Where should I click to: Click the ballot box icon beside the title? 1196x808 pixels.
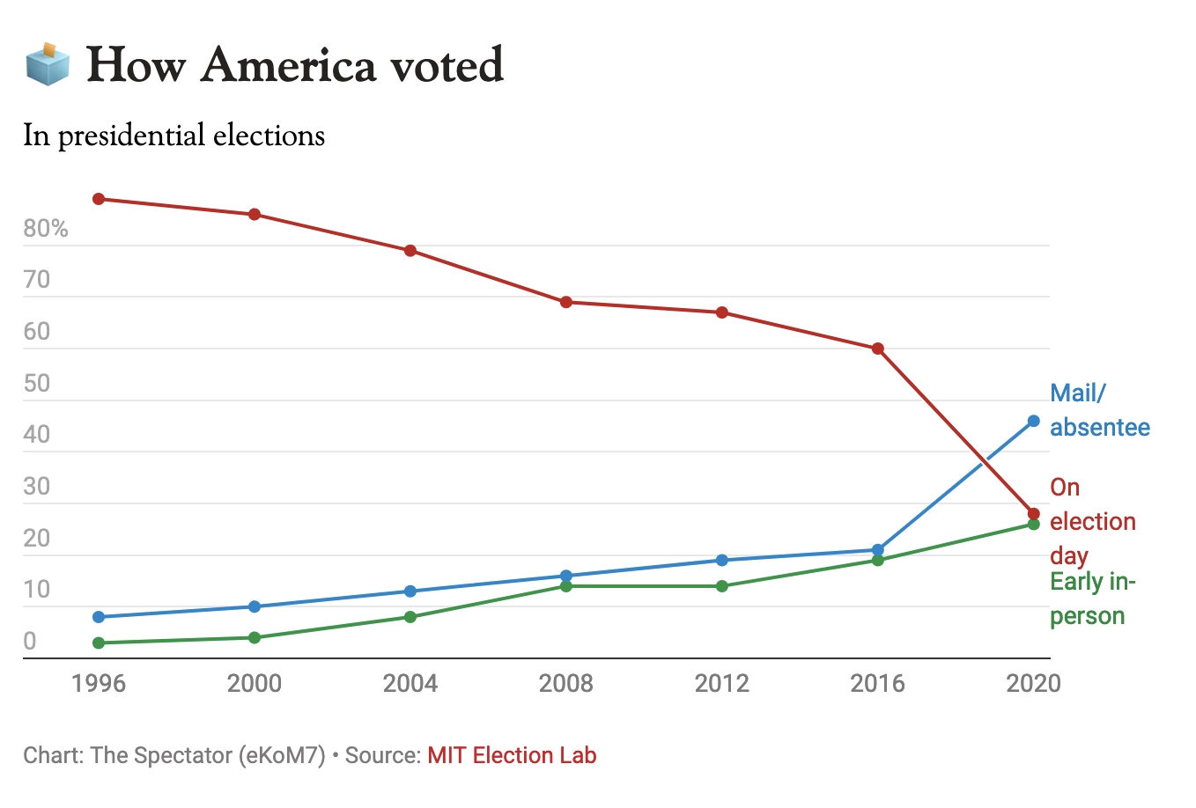48,64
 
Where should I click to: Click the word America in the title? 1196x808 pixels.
288,65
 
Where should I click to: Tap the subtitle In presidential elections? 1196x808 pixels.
173,136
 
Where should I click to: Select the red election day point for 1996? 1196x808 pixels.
99,199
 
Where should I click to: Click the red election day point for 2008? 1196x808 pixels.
566,302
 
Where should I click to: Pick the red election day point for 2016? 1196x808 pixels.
878,349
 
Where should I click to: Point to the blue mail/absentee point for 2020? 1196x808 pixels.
1034,421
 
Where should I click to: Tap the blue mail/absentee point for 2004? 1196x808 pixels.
410,591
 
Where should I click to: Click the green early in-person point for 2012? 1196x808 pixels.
722,586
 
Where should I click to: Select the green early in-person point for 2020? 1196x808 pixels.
1034,525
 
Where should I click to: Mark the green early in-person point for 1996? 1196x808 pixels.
99,643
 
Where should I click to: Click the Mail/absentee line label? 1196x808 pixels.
1099,410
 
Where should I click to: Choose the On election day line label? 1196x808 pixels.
1092,521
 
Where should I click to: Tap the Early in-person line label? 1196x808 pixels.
1092,599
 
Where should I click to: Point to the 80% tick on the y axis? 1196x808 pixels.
46,229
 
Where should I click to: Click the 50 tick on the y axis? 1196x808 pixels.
37,384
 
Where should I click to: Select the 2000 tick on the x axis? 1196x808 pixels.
255,683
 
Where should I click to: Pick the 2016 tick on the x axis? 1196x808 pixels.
877,683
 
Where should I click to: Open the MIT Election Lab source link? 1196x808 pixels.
512,755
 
